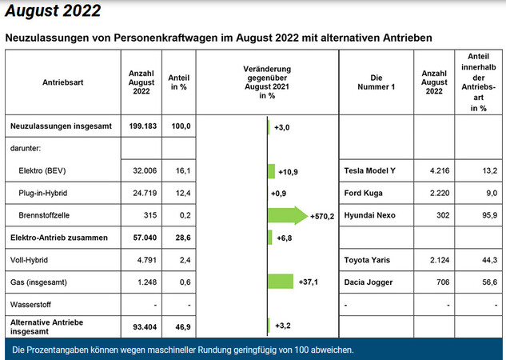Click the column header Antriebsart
62,82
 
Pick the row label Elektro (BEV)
45,171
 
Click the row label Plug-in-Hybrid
45,193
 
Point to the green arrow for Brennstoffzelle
287,215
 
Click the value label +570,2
322,216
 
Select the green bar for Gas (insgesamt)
281,282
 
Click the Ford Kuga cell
364,194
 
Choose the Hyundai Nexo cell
370,216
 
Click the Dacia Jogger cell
369,282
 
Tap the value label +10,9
288,172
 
